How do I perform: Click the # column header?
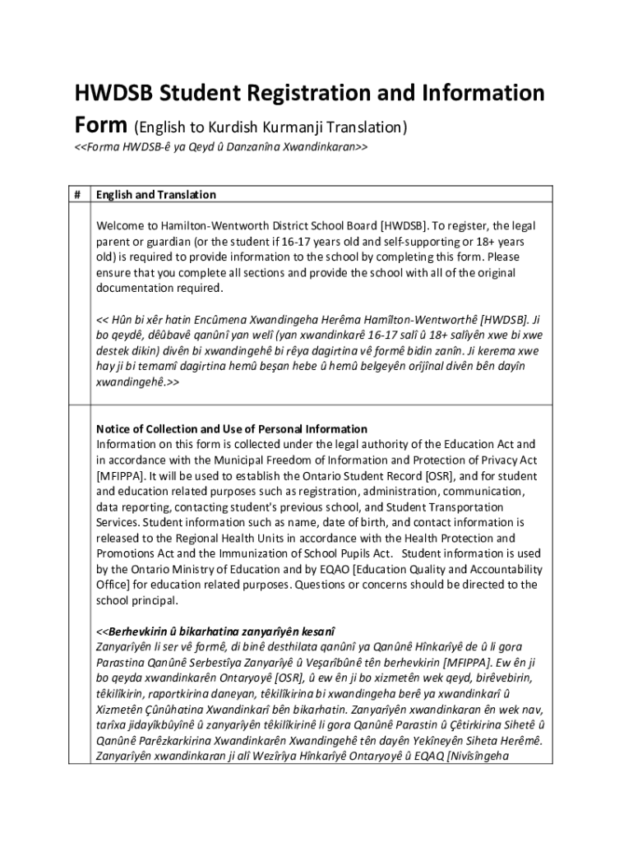coord(76,195)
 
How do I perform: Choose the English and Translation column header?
coord(156,195)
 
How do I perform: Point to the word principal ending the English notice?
coord(154,601)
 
